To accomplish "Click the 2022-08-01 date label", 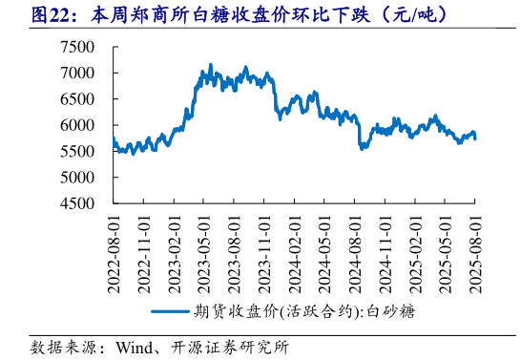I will point(114,248).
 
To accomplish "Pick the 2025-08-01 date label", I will point(477,248).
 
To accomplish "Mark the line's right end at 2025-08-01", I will point(476,138).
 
